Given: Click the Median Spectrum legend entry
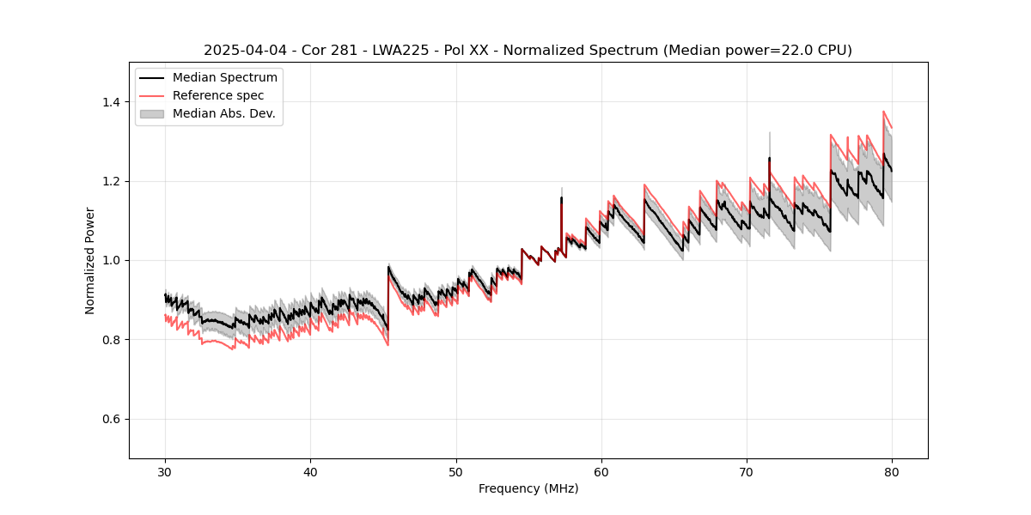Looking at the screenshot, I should [x=225, y=78].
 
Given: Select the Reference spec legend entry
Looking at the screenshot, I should [x=218, y=95].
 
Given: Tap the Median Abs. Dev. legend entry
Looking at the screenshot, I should [x=223, y=113].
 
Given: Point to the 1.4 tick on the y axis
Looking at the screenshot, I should [x=112, y=102].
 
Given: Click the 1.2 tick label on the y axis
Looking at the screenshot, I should [x=112, y=181].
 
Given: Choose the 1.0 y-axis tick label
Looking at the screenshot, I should [x=112, y=260].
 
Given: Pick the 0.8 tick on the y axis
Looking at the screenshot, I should [x=112, y=340].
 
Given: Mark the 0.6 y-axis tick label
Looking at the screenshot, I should [x=112, y=419].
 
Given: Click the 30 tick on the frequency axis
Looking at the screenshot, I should [x=166, y=471].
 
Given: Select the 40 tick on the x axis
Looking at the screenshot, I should [x=311, y=471].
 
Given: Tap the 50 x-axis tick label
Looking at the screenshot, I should [x=456, y=471].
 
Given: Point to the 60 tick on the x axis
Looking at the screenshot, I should [x=601, y=471].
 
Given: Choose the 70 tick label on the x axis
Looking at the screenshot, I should [x=747, y=471].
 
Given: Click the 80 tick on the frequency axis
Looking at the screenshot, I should [x=892, y=471].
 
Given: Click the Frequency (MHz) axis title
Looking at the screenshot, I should [x=528, y=488].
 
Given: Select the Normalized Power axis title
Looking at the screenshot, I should [x=90, y=260].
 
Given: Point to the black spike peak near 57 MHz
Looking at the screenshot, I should [x=561, y=197].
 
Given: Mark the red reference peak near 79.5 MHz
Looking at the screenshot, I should [x=884, y=112].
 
